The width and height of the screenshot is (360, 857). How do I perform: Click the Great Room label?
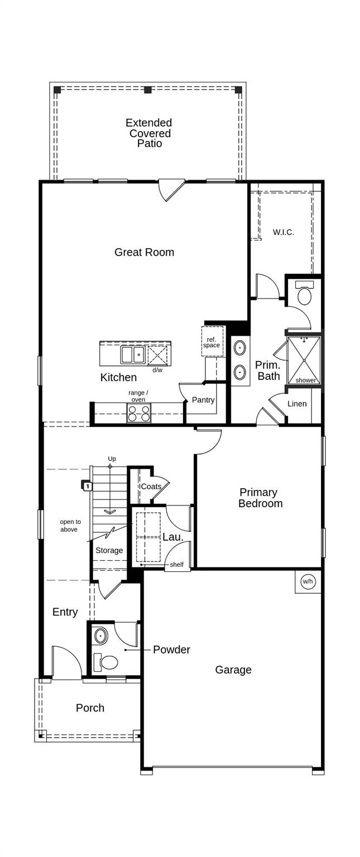144,252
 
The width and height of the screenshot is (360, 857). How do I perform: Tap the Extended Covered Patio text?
148,133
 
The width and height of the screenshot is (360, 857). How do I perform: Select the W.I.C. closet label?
283,232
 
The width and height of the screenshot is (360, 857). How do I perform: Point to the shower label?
305,381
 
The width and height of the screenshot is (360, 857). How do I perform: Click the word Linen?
297,403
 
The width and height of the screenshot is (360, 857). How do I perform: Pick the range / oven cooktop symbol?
138,413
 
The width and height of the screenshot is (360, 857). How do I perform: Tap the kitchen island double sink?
133,354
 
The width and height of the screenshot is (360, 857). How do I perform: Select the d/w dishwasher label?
157,370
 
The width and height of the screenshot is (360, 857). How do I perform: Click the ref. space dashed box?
212,342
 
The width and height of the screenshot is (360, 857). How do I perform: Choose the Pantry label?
203,400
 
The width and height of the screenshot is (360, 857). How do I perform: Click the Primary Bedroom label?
260,498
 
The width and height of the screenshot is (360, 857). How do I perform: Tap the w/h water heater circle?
308,581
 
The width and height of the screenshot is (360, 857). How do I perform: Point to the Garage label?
233,670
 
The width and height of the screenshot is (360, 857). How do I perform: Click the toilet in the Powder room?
107,662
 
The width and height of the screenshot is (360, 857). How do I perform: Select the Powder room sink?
101,635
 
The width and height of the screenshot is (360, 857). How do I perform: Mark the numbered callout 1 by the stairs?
87,487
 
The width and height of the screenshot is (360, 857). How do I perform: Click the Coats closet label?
151,487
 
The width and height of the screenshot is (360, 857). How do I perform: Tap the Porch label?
90,707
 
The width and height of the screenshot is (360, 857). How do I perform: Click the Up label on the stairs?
112,459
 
